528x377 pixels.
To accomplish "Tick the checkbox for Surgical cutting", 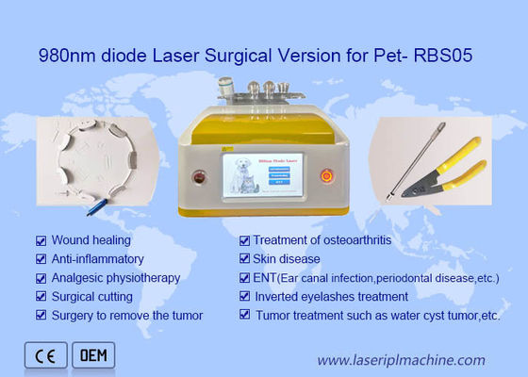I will coord(41,297).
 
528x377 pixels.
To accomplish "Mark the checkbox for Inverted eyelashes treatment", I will coord(244,297).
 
